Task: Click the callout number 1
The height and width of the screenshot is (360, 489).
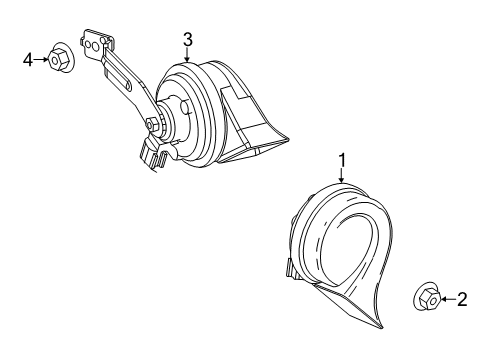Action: tap(342, 159)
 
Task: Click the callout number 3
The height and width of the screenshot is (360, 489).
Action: tap(187, 39)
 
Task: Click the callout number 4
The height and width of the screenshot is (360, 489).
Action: tap(29, 60)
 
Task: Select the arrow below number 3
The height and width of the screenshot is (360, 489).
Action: tap(187, 56)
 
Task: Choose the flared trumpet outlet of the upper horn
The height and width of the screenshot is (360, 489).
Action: tap(255, 120)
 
